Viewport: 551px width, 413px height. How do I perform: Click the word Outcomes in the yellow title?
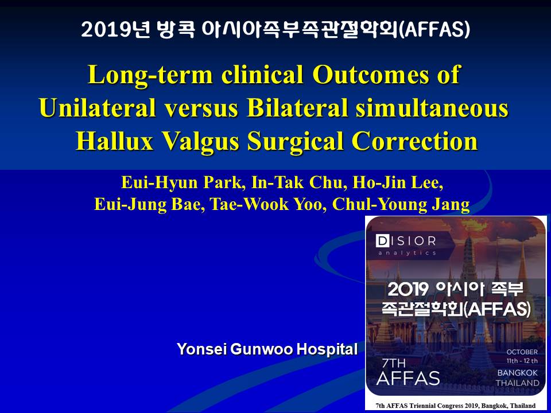371,74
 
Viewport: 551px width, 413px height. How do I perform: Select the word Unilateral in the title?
98,107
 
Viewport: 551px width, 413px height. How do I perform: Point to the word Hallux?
115,141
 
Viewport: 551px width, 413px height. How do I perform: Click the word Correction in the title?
414,141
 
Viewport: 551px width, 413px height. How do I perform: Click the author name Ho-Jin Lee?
398,182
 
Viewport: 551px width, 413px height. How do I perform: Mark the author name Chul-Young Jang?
401,205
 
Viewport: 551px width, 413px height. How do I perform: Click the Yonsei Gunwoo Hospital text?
267,349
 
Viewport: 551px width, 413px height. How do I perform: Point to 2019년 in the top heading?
115,29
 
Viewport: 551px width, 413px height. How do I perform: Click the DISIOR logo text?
406,241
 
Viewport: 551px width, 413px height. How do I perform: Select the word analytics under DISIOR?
407,252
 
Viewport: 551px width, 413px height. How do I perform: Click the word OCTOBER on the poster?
522,352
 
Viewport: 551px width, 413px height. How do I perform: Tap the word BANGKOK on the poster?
517,373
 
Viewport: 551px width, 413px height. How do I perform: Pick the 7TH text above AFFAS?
393,363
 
